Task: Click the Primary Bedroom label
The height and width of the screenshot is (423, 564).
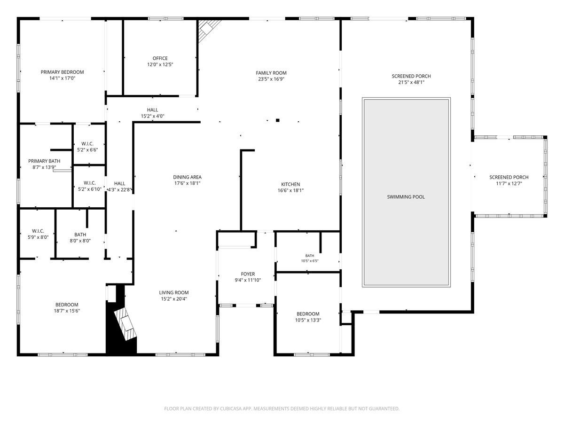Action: [x=62, y=72]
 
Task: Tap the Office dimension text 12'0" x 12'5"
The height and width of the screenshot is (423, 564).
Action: [x=160, y=64]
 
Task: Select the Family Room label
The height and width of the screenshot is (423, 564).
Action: [x=271, y=73]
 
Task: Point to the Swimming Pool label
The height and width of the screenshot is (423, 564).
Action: [x=406, y=197]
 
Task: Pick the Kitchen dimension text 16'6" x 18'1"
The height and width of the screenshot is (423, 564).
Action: [x=290, y=190]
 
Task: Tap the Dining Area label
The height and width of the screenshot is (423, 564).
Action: [x=187, y=177]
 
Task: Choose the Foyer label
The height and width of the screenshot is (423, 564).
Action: [x=248, y=274]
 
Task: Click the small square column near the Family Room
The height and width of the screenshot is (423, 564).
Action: [x=277, y=120]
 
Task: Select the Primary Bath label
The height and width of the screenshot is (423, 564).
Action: [x=44, y=161]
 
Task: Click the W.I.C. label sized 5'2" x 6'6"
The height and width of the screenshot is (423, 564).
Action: [x=87, y=143]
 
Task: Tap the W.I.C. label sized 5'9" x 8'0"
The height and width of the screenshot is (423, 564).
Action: [x=38, y=231]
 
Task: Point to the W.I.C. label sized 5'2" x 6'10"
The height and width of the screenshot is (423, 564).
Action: [x=90, y=183]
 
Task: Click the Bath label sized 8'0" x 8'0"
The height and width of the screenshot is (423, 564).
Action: [x=80, y=235]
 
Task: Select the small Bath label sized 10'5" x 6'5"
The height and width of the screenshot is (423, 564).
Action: [x=310, y=256]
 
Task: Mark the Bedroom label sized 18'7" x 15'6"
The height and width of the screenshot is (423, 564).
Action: [x=67, y=305]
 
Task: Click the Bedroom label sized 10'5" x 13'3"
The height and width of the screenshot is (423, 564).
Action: [x=308, y=314]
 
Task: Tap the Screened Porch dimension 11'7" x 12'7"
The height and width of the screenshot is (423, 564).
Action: [x=509, y=184]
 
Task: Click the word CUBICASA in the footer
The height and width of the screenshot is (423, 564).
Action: [x=231, y=408]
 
